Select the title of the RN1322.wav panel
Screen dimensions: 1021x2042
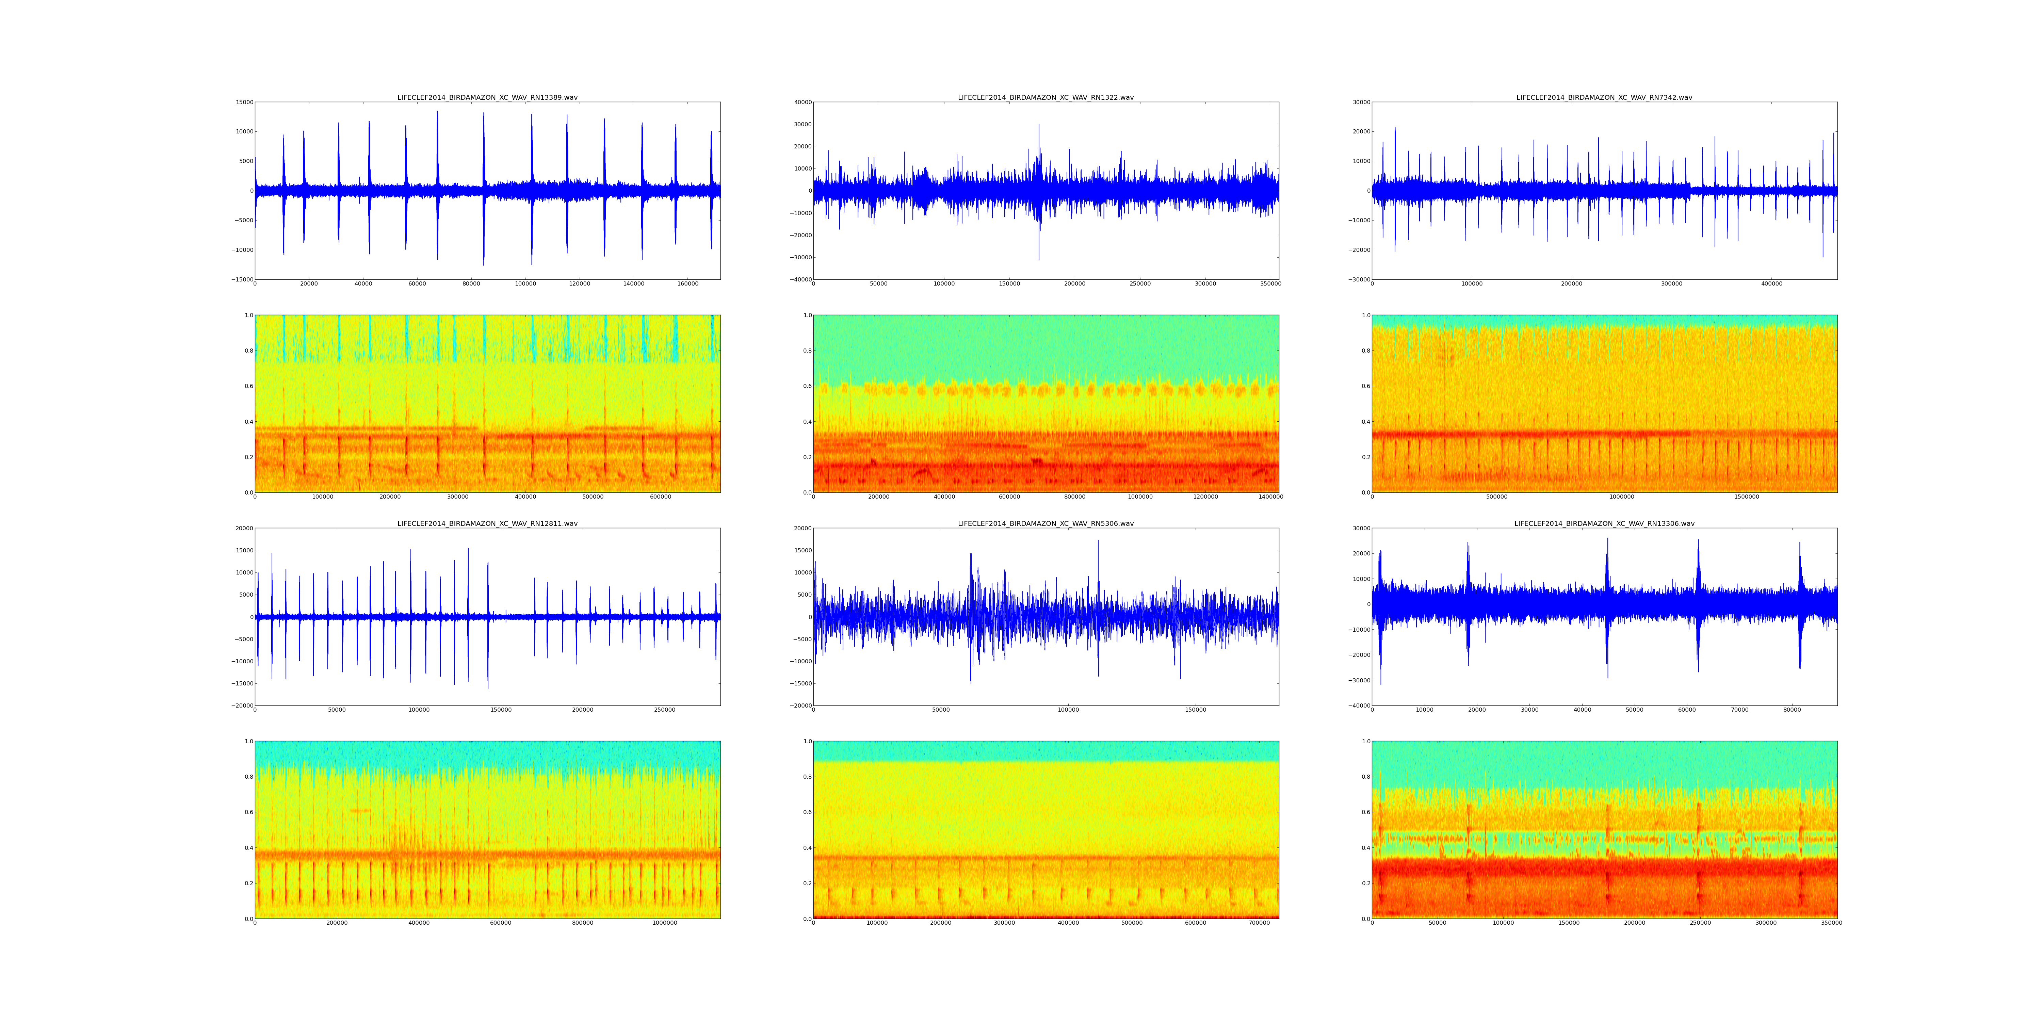pos(1046,97)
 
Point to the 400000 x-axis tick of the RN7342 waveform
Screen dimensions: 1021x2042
pos(1772,284)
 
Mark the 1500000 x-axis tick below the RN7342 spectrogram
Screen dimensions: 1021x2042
pos(1746,497)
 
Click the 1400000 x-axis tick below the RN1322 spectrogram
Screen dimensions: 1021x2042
pos(1271,497)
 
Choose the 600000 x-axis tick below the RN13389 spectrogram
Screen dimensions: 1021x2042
pos(660,497)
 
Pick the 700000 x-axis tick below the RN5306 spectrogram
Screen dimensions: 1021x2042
pos(1259,923)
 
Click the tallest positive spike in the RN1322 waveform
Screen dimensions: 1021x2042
pos(1038,125)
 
